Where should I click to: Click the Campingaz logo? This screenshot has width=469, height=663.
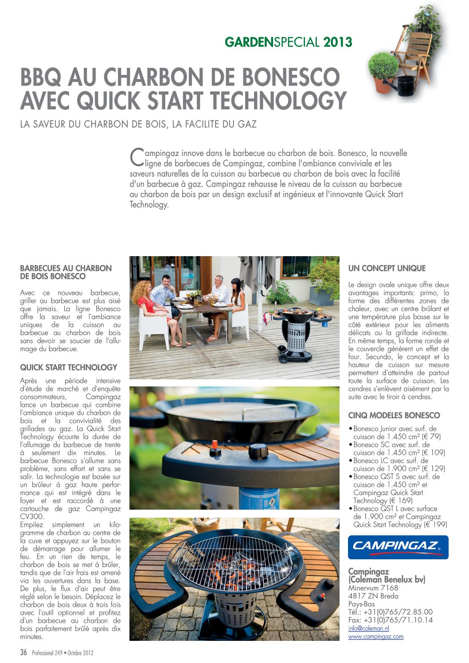(398, 547)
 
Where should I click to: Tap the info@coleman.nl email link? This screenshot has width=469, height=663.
(368, 628)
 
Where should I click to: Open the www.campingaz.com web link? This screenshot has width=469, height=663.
(375, 636)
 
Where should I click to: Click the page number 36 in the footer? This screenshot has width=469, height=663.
(23, 652)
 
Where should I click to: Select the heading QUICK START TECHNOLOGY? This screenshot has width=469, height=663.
(68, 367)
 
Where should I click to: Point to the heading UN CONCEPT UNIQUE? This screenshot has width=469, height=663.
(387, 268)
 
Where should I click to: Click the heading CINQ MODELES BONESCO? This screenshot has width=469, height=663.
(394, 415)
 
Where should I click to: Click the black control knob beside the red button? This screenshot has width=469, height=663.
(258, 452)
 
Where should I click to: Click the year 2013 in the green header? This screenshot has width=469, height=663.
(338, 43)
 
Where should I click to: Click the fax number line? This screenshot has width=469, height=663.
(390, 620)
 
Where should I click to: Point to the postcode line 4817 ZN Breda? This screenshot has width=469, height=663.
(373, 596)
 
